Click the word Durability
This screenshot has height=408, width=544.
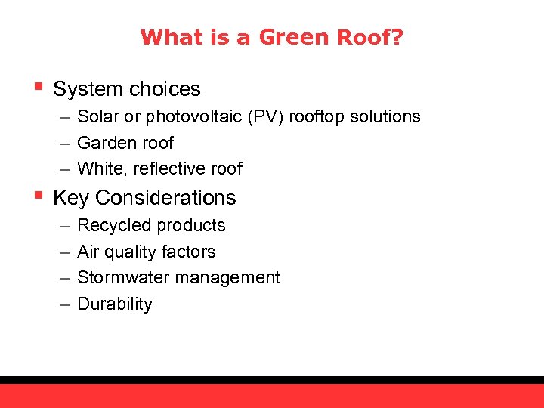click(115, 304)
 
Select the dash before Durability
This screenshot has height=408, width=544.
click(63, 304)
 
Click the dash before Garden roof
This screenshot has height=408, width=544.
click(63, 144)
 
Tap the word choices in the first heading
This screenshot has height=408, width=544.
click(163, 89)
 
